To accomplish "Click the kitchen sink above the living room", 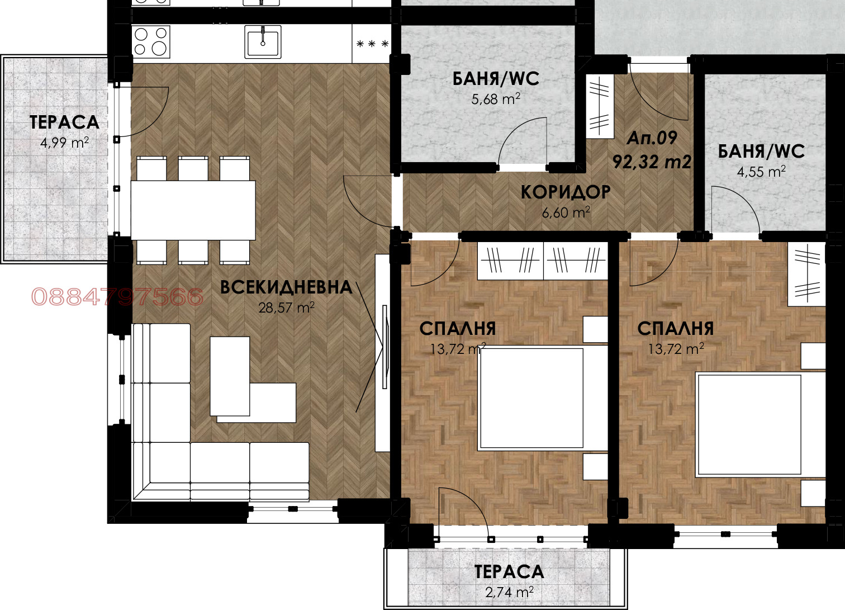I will click(x=263, y=41).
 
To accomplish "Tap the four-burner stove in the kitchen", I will click(x=151, y=41).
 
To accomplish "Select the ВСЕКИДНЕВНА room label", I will click(x=286, y=287).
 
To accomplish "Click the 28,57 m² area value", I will click(x=286, y=308).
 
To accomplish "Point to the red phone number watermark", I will click(x=117, y=297).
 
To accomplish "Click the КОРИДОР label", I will click(x=566, y=192).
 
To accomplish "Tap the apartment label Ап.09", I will click(x=652, y=138).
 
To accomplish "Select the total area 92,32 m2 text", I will click(x=652, y=162).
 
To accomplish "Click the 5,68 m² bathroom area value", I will click(x=496, y=100).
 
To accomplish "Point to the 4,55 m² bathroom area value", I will click(x=761, y=172).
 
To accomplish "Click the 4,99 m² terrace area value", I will click(x=64, y=143).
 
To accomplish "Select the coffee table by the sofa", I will click(x=230, y=376).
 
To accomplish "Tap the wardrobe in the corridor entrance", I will click(x=599, y=106).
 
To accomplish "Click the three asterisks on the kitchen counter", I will click(x=372, y=44).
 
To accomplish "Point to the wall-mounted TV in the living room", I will click(x=385, y=347).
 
